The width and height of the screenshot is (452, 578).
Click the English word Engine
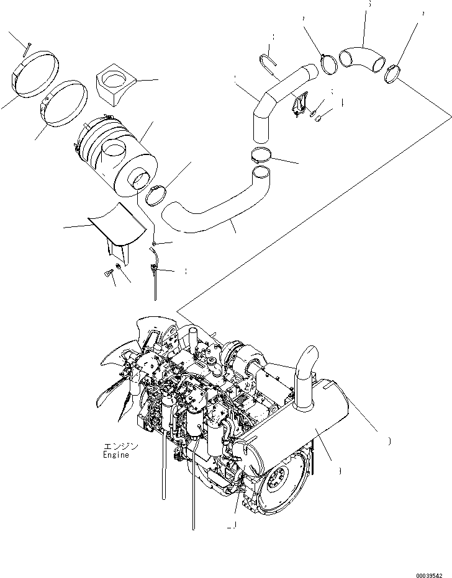click(116, 455)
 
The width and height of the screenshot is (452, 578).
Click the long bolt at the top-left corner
click(25, 48)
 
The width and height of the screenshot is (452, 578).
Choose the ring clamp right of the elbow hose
click(393, 74)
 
